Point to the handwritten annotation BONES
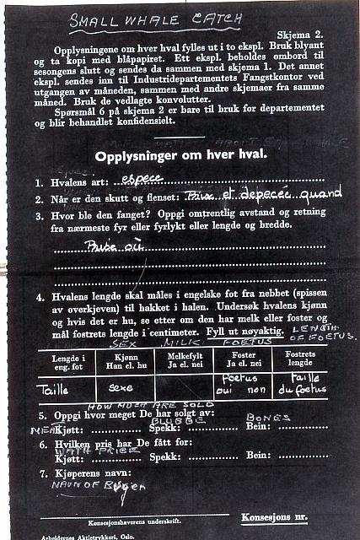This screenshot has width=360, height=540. pos(269,417)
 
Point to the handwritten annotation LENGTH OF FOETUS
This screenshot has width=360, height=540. pos(321,333)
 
